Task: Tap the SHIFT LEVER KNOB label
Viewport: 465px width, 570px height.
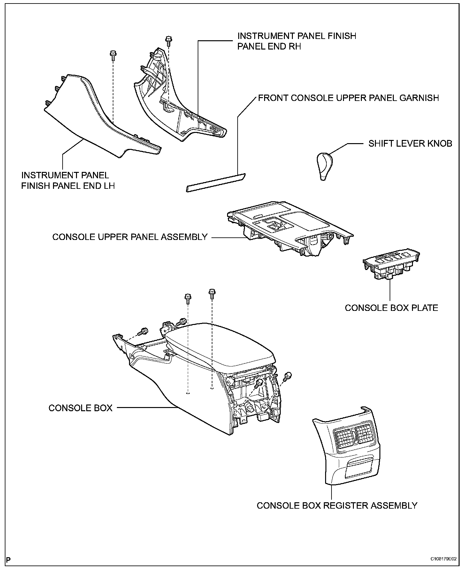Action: [410, 143]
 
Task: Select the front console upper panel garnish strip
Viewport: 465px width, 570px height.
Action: [216, 182]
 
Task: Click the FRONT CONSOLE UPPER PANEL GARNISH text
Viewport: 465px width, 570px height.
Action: [348, 98]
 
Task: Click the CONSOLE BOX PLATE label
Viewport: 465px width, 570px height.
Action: [391, 308]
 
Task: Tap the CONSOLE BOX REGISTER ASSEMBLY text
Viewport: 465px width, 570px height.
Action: [337, 505]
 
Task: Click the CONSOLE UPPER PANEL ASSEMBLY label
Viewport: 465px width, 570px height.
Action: [130, 237]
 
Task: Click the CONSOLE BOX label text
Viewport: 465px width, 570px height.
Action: [80, 408]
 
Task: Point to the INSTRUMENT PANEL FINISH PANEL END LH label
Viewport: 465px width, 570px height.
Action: [68, 180]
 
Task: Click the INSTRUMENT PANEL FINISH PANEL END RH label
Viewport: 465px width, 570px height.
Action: [296, 41]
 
